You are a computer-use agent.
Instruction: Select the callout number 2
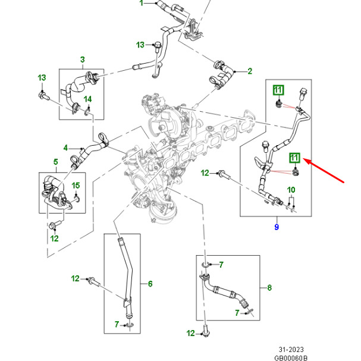[x=250, y=71]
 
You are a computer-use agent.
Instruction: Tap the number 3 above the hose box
[x=83, y=59]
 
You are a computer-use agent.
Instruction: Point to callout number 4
[x=67, y=147]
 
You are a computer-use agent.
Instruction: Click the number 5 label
[x=55, y=162]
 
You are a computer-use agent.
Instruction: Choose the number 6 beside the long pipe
[x=150, y=284]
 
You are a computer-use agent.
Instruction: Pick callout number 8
[x=269, y=288]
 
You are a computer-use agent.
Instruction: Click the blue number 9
[x=276, y=227]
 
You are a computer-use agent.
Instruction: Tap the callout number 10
[x=291, y=190]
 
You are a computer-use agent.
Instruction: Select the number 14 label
[x=87, y=98]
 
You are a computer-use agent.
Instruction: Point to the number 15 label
[x=76, y=186]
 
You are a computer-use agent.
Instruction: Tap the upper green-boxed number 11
[x=278, y=90]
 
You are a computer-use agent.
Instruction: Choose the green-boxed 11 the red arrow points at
[x=295, y=158]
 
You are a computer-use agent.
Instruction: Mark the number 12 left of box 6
[x=76, y=278]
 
